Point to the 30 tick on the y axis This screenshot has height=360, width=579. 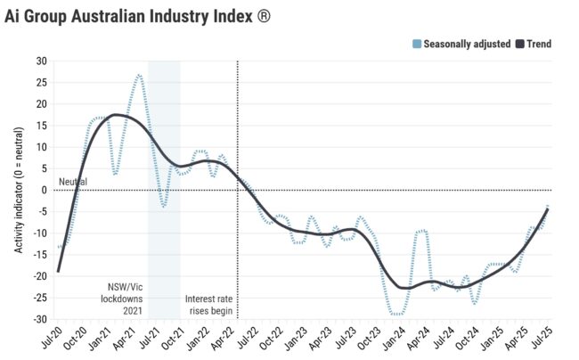tap(41, 61)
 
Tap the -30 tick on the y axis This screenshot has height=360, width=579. tap(39, 319)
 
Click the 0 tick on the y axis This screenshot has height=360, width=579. tap(44, 190)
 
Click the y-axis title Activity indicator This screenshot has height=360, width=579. tap(19, 190)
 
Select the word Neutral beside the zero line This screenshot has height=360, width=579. tap(73, 183)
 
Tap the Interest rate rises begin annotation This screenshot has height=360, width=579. tap(208, 306)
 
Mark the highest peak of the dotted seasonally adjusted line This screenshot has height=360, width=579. tap(139, 75)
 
